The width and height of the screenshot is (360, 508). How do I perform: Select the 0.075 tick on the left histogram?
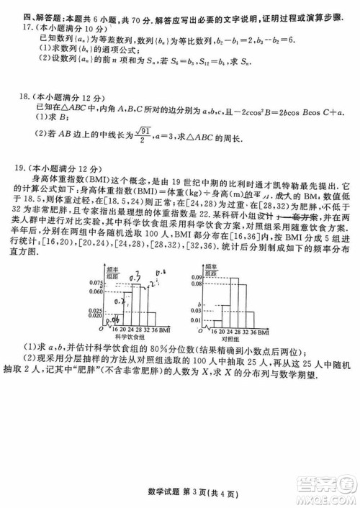click(96, 281)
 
